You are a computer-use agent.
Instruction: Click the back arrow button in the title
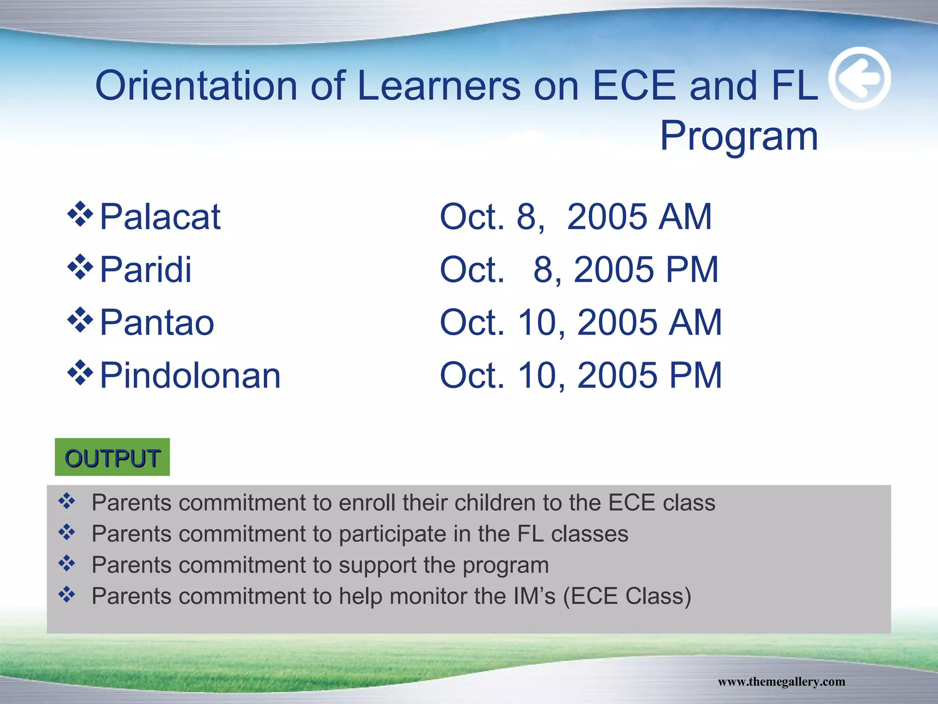click(x=860, y=78)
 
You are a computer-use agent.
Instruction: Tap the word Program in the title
click(x=739, y=136)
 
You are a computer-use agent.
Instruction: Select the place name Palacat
click(x=160, y=217)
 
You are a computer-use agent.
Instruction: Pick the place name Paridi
click(x=145, y=269)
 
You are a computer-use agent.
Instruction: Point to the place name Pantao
click(x=157, y=323)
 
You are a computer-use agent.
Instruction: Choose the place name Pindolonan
click(x=190, y=376)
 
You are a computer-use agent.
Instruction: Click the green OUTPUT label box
click(x=112, y=457)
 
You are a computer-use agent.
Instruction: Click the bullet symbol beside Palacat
click(x=80, y=214)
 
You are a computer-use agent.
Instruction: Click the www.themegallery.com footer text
click(x=781, y=682)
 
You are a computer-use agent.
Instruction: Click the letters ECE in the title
click(x=634, y=86)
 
